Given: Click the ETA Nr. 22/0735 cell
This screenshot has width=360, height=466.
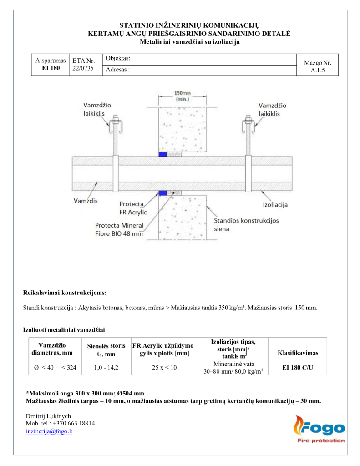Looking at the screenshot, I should pos(83,65).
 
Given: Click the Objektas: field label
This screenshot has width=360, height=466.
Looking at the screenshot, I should pos(118,58).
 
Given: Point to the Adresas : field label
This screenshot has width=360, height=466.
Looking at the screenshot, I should pos(117,70).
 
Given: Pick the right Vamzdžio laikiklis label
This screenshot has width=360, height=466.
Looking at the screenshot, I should pos(269,109).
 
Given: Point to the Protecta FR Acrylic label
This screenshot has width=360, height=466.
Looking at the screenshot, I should pos(132,208).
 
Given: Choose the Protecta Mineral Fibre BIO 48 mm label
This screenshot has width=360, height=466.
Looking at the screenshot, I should pos(119,229).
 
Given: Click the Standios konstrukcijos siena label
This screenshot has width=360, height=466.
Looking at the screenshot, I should pos(246,225).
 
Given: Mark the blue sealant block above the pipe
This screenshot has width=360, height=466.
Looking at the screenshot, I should pos(162,154).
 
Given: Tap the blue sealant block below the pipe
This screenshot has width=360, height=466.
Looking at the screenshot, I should pos(162,193).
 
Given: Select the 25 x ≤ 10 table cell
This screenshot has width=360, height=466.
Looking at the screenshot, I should pos(163,368).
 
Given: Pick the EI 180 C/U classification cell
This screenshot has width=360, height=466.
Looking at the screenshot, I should pos(298,368).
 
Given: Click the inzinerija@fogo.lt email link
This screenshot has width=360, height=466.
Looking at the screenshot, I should pos(49,431).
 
